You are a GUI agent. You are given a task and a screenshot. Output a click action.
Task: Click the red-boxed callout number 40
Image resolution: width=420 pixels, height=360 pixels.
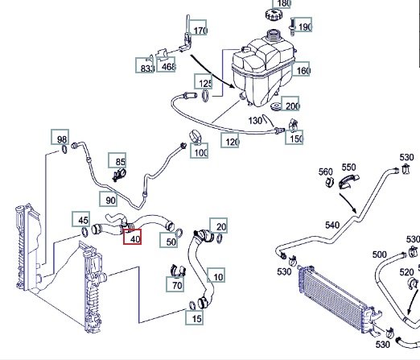tap(132, 237)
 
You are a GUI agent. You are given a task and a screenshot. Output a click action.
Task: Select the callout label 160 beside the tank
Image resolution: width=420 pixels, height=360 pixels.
tap(301, 69)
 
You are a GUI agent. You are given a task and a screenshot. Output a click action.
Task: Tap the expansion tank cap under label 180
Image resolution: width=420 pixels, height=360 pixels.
tap(274, 14)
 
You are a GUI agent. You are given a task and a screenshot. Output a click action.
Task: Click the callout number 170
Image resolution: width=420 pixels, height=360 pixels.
tap(198, 27)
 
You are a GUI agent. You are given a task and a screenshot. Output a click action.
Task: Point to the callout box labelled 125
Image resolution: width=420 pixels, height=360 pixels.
tap(204, 81)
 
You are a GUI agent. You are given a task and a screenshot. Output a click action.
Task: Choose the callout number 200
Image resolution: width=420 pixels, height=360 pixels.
tap(290, 104)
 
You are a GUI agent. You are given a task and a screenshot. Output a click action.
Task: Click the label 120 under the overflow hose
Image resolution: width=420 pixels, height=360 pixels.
tap(230, 140)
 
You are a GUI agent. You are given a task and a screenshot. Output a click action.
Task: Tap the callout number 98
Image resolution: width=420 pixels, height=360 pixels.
tap(60, 137)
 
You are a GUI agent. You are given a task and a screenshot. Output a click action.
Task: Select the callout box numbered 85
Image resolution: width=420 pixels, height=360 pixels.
tap(117, 160)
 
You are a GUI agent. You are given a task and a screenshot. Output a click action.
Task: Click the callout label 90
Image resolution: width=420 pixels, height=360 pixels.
tap(109, 199)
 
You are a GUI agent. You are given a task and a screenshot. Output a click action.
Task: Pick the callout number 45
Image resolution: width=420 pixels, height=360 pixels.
tap(81, 219)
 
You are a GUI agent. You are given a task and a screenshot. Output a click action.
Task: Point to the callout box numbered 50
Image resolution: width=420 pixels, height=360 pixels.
tap(169, 240)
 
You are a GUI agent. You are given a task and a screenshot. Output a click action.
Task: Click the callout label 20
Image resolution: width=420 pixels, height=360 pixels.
tap(219, 226)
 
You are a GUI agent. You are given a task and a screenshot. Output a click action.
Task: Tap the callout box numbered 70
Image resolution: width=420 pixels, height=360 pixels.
tap(175, 284)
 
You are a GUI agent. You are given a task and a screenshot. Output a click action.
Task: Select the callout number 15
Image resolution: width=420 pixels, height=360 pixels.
tap(194, 317)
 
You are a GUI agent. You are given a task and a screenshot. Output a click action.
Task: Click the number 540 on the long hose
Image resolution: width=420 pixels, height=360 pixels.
tap(332, 226)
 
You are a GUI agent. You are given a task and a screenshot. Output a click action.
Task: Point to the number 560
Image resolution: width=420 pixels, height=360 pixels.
tap(326, 172)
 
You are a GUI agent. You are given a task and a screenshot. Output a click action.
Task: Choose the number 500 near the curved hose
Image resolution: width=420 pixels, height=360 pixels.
tap(379, 254)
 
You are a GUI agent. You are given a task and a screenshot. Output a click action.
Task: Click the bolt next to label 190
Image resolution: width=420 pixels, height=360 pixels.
tap(292, 27)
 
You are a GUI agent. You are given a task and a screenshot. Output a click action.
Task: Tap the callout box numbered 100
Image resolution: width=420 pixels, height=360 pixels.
tap(200, 151)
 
